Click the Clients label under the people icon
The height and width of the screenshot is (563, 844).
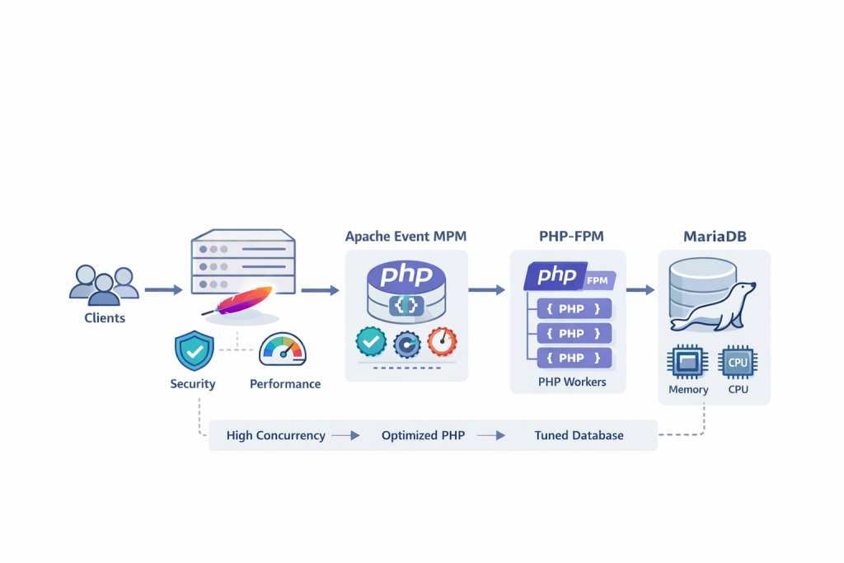pyautogui.click(x=105, y=317)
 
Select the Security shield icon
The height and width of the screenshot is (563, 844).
pyautogui.click(x=194, y=351)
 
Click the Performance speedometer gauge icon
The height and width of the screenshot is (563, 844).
pyautogui.click(x=283, y=350)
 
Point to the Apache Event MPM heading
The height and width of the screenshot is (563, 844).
pyautogui.click(x=406, y=237)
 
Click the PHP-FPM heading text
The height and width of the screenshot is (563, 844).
pyautogui.click(x=570, y=237)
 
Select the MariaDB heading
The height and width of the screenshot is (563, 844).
pyautogui.click(x=714, y=237)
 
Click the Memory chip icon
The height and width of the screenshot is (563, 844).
pyautogui.click(x=687, y=362)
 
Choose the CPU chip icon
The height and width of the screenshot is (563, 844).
pyautogui.click(x=738, y=362)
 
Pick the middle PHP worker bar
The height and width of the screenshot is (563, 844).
pyautogui.click(x=574, y=333)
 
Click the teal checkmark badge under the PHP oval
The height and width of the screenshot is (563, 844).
pyautogui.click(x=371, y=340)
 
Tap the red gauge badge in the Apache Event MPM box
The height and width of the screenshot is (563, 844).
pyautogui.click(x=442, y=340)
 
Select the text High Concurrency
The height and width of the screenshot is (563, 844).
pyautogui.click(x=275, y=435)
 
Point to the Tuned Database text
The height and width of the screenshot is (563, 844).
pyautogui.click(x=579, y=435)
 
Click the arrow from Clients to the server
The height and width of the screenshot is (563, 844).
pyautogui.click(x=163, y=290)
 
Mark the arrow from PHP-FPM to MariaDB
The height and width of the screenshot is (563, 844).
pyautogui.click(x=640, y=290)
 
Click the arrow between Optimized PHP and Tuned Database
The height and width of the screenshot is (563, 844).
pyautogui.click(x=491, y=435)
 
